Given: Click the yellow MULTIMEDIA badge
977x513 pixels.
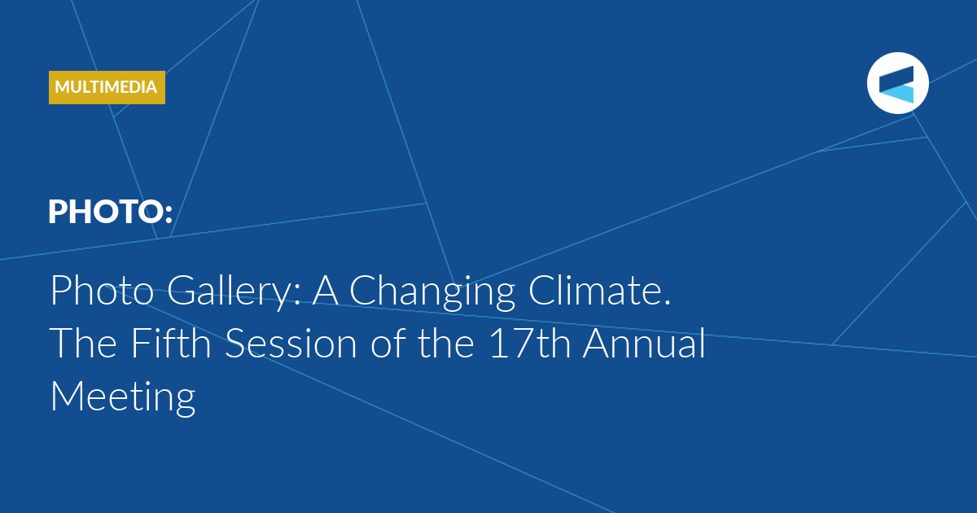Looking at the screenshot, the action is (x=107, y=87).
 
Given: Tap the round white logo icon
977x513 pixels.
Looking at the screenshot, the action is (x=897, y=83).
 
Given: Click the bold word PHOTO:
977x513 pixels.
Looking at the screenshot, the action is (x=111, y=212).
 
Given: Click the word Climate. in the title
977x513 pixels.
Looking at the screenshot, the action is (x=599, y=291).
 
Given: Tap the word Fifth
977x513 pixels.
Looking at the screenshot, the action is (x=171, y=343).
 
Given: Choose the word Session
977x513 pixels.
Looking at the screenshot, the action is (x=291, y=344).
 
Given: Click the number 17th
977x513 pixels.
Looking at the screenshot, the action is (x=530, y=344).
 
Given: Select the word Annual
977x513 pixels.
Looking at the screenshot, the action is (x=644, y=343).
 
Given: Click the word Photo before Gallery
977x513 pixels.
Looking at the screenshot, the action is (x=102, y=291).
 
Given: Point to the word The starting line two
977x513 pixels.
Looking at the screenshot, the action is (x=84, y=343).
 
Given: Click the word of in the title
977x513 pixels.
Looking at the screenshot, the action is (x=388, y=343).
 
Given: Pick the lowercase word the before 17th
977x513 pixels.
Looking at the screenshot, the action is (x=446, y=343).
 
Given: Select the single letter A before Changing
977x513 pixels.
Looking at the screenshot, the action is (x=326, y=291).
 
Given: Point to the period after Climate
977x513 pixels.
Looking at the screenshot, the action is (x=667, y=303).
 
